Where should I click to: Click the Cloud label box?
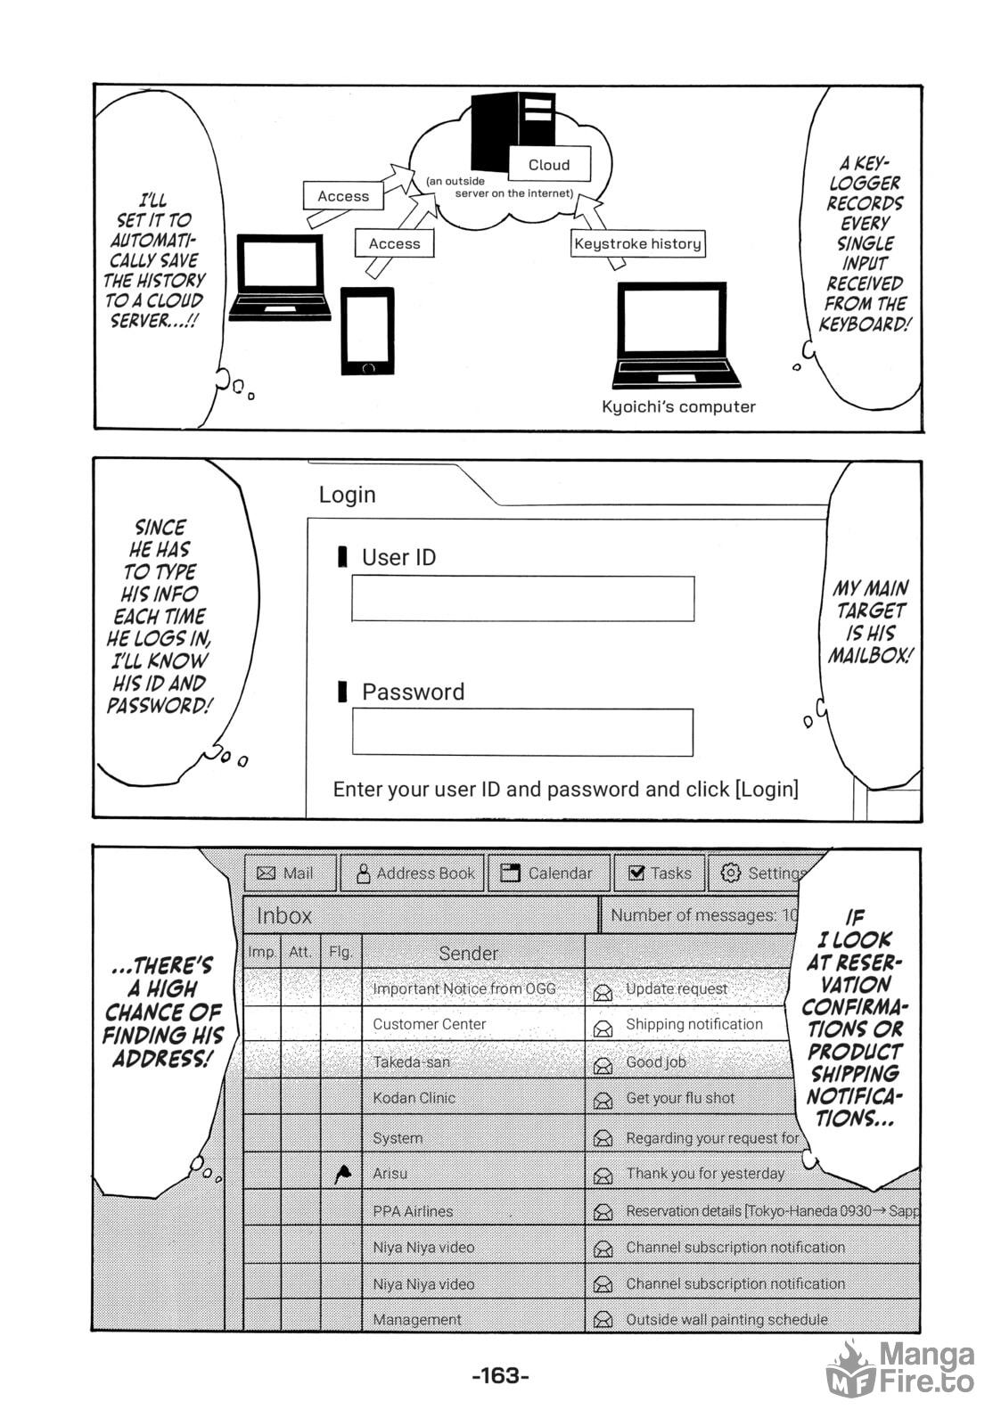549,164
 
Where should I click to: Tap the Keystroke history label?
637,243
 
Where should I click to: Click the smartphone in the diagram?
367,331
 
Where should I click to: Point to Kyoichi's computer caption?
678,406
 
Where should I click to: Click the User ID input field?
523,598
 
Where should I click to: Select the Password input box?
523,732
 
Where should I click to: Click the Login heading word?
347,495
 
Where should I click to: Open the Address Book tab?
413,873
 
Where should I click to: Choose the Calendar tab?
549,873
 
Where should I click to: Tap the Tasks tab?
659,873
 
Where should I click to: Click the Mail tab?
291,873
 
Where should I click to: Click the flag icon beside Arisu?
342,1174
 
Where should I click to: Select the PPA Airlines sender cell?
413,1211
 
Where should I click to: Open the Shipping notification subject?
694,1024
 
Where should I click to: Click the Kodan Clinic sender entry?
414,1097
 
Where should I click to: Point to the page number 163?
501,1376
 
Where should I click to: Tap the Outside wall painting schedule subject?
726,1319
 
